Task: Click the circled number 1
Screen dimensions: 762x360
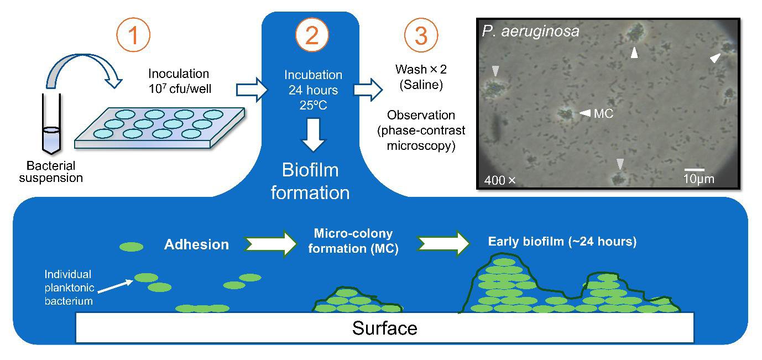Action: [x=133, y=35]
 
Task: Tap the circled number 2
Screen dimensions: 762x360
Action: [x=312, y=35]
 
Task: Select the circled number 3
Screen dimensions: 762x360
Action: [x=421, y=35]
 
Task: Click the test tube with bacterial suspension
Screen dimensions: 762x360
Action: [x=51, y=124]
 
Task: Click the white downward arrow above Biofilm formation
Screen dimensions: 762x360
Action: [x=314, y=135]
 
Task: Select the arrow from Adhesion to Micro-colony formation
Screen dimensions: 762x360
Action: [x=270, y=244]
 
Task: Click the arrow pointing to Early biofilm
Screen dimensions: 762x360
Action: [x=443, y=243]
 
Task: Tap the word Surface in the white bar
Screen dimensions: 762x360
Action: [x=385, y=328]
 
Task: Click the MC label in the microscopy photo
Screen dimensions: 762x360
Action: [x=603, y=113]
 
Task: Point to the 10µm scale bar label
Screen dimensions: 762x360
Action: [x=699, y=179]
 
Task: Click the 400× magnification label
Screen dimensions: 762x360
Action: [x=500, y=180]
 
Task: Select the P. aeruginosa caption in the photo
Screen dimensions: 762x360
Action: [x=531, y=32]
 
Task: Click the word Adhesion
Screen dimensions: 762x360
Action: [x=197, y=244]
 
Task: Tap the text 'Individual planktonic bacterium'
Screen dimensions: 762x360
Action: [x=69, y=288]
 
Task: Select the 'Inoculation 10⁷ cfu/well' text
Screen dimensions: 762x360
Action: [x=180, y=81]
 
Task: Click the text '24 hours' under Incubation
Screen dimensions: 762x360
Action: [x=314, y=90]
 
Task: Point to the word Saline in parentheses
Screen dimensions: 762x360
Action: [x=421, y=85]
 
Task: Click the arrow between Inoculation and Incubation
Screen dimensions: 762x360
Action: [x=252, y=90]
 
